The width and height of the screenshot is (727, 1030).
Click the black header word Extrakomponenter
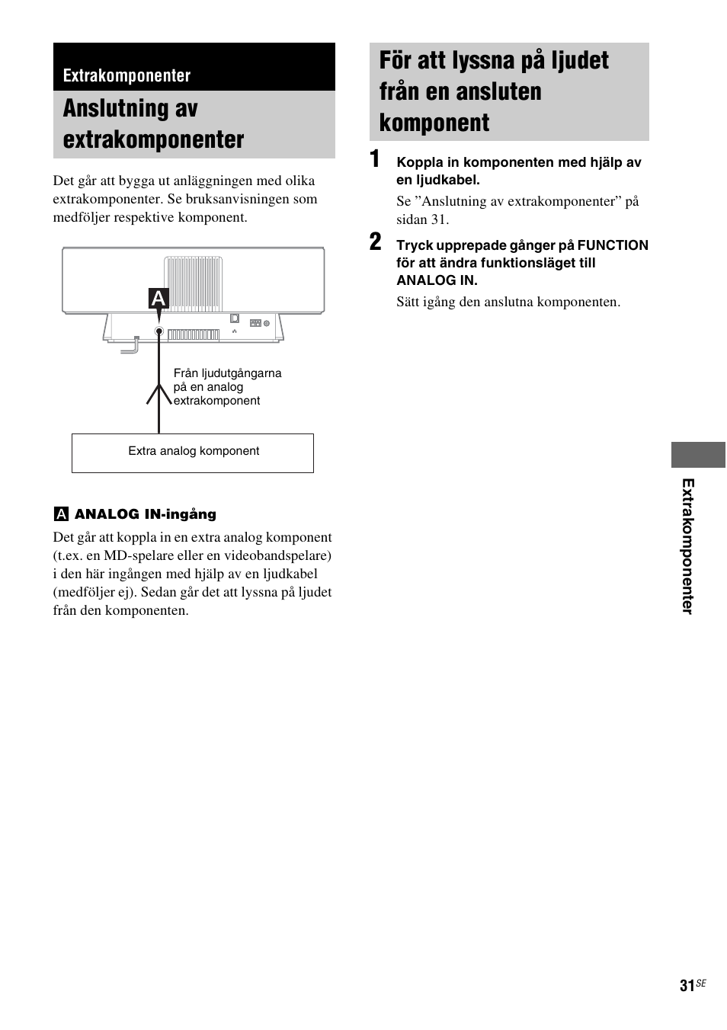[x=127, y=75]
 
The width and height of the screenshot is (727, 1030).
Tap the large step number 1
[x=375, y=160]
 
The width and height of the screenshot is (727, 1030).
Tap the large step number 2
[x=375, y=243]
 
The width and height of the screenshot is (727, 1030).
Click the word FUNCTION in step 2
[x=613, y=245]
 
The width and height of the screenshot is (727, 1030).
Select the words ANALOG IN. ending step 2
[x=437, y=280]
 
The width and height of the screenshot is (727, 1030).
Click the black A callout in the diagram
[x=158, y=299]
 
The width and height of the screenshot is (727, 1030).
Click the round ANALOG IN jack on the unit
[x=159, y=331]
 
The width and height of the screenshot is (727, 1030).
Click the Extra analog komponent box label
[x=194, y=451]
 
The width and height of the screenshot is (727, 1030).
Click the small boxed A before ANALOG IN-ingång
[x=61, y=514]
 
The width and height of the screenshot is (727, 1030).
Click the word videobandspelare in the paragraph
[x=281, y=555]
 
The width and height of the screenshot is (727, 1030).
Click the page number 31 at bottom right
[x=687, y=986]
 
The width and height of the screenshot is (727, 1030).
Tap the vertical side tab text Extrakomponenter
[x=688, y=546]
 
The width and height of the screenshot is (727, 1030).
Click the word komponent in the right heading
[x=434, y=123]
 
